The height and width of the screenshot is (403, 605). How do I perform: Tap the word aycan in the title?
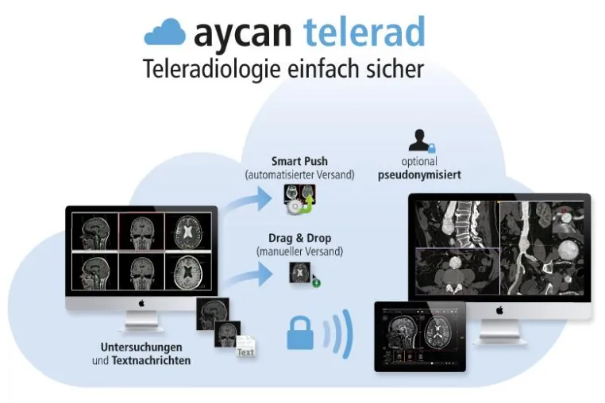[243, 35]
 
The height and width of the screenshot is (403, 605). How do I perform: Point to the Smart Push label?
[299, 161]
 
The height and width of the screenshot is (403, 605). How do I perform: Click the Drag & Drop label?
[300, 238]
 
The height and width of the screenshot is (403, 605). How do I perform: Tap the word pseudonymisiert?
[419, 175]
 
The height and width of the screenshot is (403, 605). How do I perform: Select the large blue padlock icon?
[300, 333]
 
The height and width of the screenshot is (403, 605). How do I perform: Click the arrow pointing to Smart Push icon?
[249, 201]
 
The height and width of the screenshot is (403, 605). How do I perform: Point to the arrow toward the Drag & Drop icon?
[249, 275]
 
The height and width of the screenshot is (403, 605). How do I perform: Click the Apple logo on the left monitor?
[141, 304]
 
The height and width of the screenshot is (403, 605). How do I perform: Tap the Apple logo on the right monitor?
[499, 309]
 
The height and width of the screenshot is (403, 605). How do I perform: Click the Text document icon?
[246, 346]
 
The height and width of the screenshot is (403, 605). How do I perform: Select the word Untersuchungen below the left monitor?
[141, 347]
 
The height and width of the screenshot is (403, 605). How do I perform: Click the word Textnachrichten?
[151, 361]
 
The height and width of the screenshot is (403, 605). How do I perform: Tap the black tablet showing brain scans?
[420, 336]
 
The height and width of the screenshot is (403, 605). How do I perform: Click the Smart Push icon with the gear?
[300, 199]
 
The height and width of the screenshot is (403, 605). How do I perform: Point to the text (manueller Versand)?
[300, 251]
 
